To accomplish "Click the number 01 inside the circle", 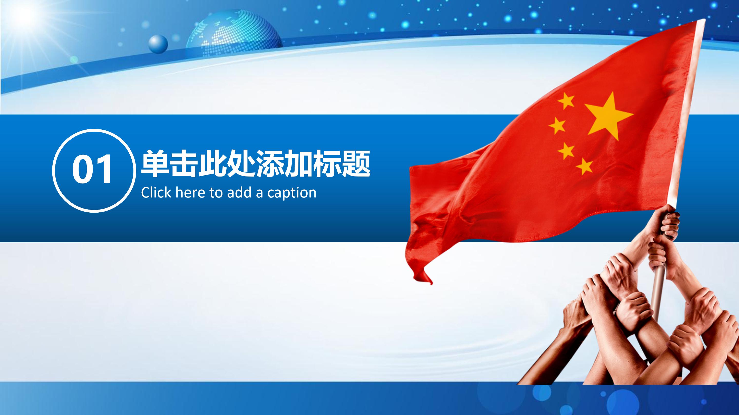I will (92, 170).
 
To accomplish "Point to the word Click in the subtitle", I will (156, 192).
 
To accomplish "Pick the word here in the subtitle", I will (190, 192).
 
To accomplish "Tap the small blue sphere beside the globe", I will (158, 44).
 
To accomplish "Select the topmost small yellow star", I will (566, 100).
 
